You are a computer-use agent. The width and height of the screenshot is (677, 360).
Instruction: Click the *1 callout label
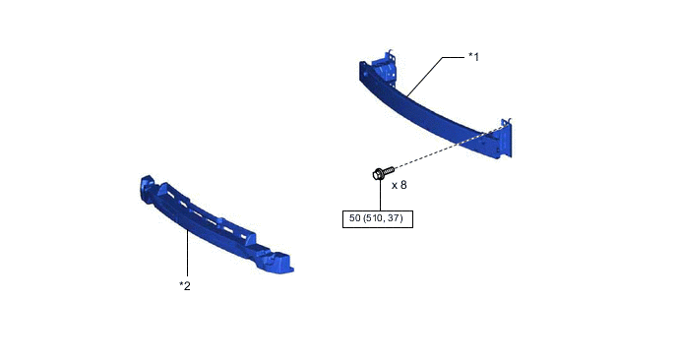point(473,57)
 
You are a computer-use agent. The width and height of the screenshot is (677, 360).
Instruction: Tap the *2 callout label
point(185,286)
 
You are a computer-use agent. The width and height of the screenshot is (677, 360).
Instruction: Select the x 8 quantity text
point(399,185)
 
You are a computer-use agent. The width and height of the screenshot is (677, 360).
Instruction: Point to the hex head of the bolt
point(377,174)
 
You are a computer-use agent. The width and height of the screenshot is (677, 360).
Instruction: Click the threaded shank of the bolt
point(389,169)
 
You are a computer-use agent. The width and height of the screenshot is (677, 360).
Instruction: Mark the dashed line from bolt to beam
point(449,148)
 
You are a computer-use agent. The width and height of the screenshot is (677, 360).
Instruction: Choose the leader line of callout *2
point(187,253)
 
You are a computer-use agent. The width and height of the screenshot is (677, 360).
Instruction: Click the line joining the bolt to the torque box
point(381,195)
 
